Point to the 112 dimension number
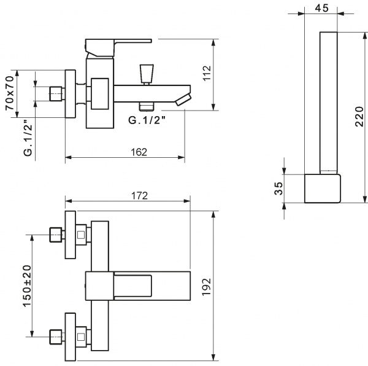pyautogui.click(x=207, y=74)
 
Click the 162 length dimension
pyautogui.click(x=139, y=152)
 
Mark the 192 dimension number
pyautogui.click(x=207, y=285)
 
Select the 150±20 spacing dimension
pyautogui.click(x=26, y=286)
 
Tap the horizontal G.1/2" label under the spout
pyautogui.click(x=148, y=120)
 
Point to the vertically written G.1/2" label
pyautogui.click(x=28, y=140)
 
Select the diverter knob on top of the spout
pyautogui.click(x=145, y=73)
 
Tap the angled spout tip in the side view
pyautogui.click(x=182, y=99)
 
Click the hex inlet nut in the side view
pyautogui.click(x=56, y=94)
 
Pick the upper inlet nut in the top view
pyautogui.click(x=56, y=235)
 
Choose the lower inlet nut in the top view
pyautogui.click(x=56, y=337)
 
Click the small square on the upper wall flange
pyautogui.click(x=82, y=235)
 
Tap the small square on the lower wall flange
pyautogui.click(x=82, y=337)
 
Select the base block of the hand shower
pyautogui.click(x=322, y=188)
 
